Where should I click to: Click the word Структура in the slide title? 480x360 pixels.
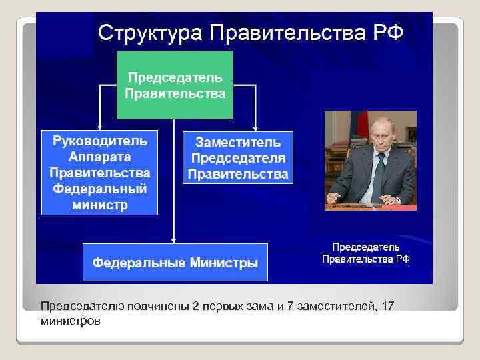coord(151,32)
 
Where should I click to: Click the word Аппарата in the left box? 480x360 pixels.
coord(99,157)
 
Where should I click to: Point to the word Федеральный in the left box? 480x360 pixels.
coord(99,189)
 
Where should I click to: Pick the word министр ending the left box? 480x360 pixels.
coord(99,205)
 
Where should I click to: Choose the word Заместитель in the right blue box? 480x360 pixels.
coord(237,142)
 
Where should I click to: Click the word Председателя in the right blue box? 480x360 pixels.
coord(237,158)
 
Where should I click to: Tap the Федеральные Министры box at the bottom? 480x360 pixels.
coord(175,263)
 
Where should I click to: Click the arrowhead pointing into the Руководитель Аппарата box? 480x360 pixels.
coord(99,125)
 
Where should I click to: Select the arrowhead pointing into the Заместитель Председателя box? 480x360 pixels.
coord(255,125)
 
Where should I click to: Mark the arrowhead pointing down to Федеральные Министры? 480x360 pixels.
coord(173,239)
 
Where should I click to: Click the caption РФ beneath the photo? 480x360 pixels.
coord(402,259)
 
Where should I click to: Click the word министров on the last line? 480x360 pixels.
coord(71,321)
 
